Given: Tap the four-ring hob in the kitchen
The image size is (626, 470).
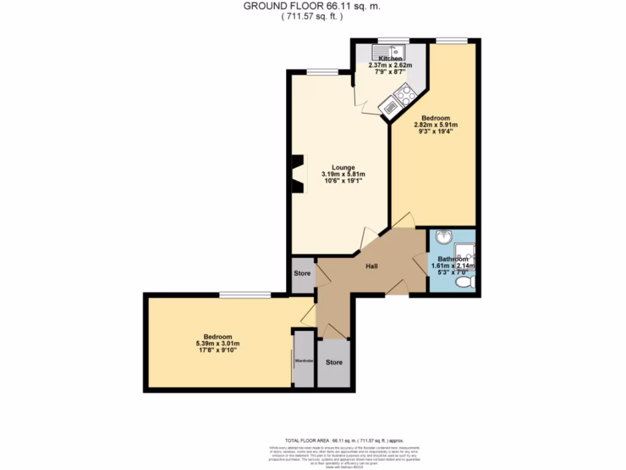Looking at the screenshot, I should [x=404, y=95].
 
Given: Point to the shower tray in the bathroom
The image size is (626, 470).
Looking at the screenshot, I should [x=466, y=252].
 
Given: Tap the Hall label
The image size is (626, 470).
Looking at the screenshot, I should [x=372, y=266].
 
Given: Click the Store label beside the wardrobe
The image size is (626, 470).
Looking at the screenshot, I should [x=334, y=362].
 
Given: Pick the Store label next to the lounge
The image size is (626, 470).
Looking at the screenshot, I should [x=302, y=273].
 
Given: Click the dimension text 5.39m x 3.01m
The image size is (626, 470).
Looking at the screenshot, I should [x=218, y=344].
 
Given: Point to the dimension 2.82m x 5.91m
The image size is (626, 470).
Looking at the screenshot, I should [x=436, y=125].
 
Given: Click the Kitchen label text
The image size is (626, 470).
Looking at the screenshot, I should [x=389, y=59].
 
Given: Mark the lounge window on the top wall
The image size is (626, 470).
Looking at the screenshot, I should [x=322, y=71].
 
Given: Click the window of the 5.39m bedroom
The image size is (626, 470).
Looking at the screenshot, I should [x=245, y=295].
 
